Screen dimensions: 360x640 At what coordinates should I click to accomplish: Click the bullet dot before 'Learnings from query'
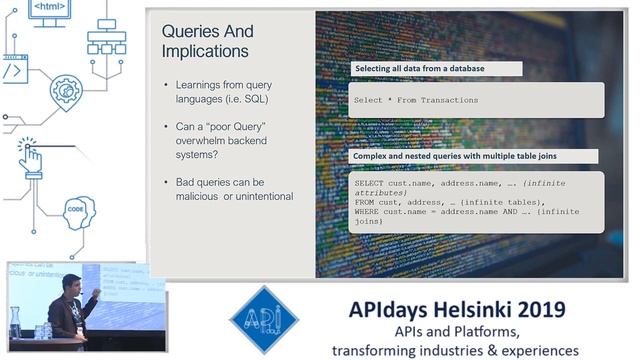pyautogui.click(x=166, y=85)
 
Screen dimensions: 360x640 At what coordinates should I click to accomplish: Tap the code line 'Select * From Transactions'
pyautogui.click(x=416, y=100)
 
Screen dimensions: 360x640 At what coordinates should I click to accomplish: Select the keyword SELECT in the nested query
pyautogui.click(x=368, y=184)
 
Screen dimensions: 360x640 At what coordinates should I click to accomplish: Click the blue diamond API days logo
pyautogui.click(x=264, y=319)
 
